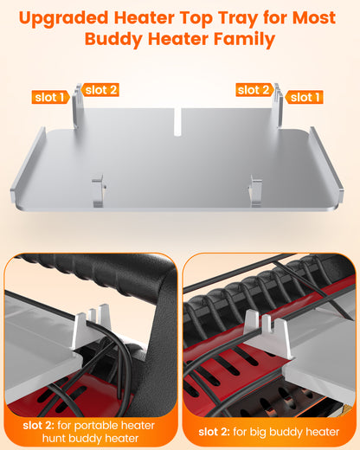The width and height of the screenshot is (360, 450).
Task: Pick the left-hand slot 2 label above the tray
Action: point(101,90)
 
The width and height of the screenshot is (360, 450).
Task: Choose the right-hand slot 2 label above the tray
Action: point(254,90)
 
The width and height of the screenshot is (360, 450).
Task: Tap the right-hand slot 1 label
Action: point(305,97)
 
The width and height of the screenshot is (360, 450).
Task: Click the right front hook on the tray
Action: point(255,190)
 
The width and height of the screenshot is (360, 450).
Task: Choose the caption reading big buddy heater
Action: point(270,430)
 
